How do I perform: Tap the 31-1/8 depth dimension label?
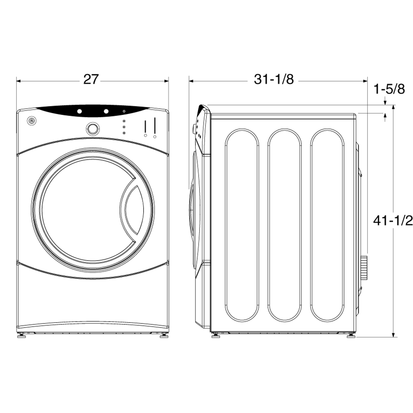274,79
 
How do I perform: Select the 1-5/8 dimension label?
389,89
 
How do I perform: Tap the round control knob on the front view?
92,128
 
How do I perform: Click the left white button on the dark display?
79,111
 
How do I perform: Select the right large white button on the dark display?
106,111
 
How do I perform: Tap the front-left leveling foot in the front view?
22,336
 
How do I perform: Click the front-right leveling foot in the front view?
163,336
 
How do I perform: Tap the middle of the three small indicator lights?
124,127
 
